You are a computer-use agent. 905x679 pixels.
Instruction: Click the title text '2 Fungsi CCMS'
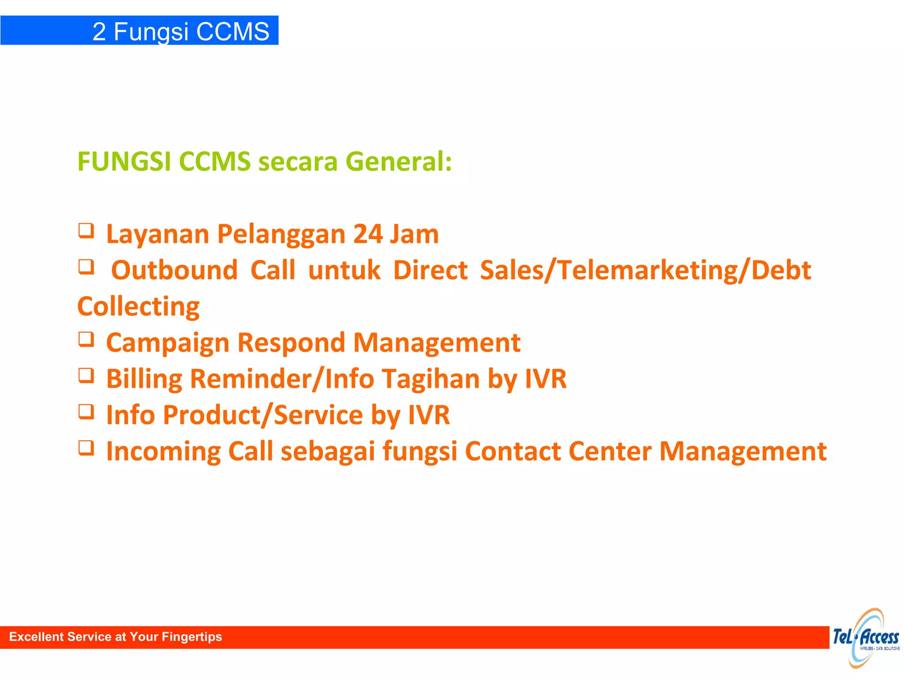tap(181, 31)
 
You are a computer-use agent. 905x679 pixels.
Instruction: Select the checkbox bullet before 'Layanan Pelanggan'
tap(86, 230)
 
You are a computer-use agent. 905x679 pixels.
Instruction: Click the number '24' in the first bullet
tap(368, 234)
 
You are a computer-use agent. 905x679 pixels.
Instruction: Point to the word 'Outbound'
tap(174, 270)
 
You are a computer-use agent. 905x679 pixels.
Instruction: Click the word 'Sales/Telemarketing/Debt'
tap(646, 270)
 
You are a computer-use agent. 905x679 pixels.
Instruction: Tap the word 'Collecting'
tap(138, 306)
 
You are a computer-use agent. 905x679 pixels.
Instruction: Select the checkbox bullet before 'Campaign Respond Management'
tap(86, 339)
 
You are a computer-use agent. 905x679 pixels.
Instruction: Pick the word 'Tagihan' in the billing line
tap(431, 379)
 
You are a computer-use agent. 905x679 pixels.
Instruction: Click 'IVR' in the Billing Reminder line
tap(545, 379)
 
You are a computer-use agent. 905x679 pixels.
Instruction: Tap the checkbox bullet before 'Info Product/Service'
tap(86, 412)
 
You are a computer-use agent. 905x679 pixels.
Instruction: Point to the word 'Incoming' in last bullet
tap(163, 451)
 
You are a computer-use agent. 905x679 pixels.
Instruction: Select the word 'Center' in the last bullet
tap(610, 451)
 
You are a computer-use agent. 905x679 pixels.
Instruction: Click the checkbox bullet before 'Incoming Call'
tap(86, 448)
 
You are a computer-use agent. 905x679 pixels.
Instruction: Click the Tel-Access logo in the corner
tap(866, 637)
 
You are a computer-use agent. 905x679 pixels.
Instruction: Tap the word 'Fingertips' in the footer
tap(192, 637)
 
